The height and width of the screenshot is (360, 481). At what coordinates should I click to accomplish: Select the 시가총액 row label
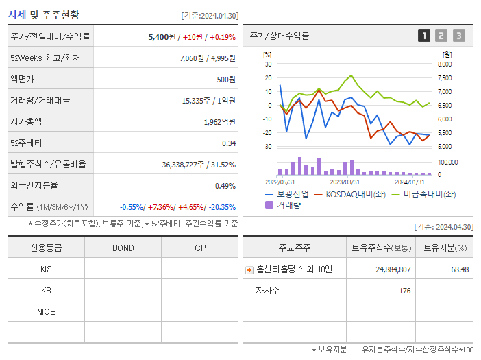pyautogui.click(x=26, y=122)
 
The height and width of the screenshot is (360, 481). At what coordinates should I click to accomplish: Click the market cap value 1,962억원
pyautogui.click(x=219, y=122)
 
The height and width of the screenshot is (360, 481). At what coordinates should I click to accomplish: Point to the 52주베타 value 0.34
pyautogui.click(x=229, y=143)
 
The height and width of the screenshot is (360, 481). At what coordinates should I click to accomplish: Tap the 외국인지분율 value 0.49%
pyautogui.click(x=225, y=186)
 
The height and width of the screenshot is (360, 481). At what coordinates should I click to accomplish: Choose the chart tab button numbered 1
pyautogui.click(x=424, y=36)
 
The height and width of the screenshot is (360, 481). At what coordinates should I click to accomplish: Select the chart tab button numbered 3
pyautogui.click(x=458, y=36)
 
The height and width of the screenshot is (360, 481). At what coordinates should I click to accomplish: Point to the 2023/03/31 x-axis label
pyautogui.click(x=345, y=182)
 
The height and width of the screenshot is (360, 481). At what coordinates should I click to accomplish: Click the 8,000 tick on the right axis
pyautogui.click(x=444, y=64)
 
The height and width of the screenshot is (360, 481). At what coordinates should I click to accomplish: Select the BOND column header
pyautogui.click(x=123, y=248)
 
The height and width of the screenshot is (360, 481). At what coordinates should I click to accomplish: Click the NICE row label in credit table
pyautogui.click(x=46, y=312)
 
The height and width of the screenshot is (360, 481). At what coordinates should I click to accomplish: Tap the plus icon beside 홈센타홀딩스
pyautogui.click(x=249, y=270)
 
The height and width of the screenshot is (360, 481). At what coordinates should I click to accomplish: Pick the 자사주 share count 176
pyautogui.click(x=404, y=291)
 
